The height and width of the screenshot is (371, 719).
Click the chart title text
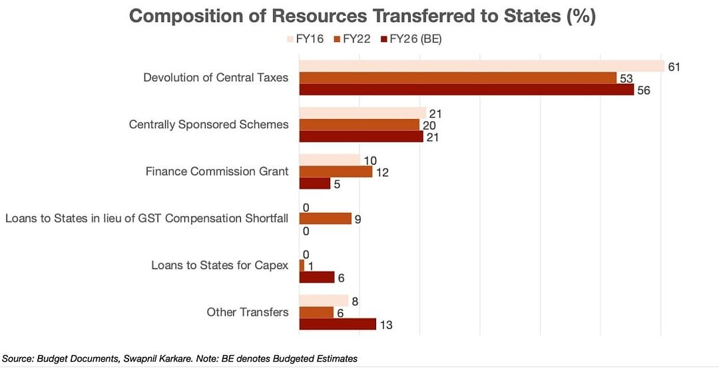(362, 16)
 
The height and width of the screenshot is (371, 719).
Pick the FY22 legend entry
(356, 39)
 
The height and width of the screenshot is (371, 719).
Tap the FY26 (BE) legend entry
(410, 39)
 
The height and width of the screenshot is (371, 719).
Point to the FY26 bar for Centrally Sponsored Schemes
(361, 136)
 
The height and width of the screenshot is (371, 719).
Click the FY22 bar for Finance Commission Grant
(336, 172)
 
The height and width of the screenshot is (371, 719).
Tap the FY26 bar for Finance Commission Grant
(314, 184)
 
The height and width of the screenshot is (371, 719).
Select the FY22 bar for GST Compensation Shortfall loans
(325, 219)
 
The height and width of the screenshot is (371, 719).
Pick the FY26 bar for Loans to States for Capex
(316, 277)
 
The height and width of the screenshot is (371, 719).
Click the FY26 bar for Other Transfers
(338, 324)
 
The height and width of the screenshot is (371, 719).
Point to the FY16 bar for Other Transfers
(323, 301)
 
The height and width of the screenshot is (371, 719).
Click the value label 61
(674, 66)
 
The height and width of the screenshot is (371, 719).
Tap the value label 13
(385, 325)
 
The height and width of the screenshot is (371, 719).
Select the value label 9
(358, 219)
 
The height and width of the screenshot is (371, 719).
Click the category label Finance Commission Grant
(217, 172)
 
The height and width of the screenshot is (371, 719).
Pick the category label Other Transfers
(247, 312)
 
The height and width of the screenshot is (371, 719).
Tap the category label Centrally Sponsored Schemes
(208, 124)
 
